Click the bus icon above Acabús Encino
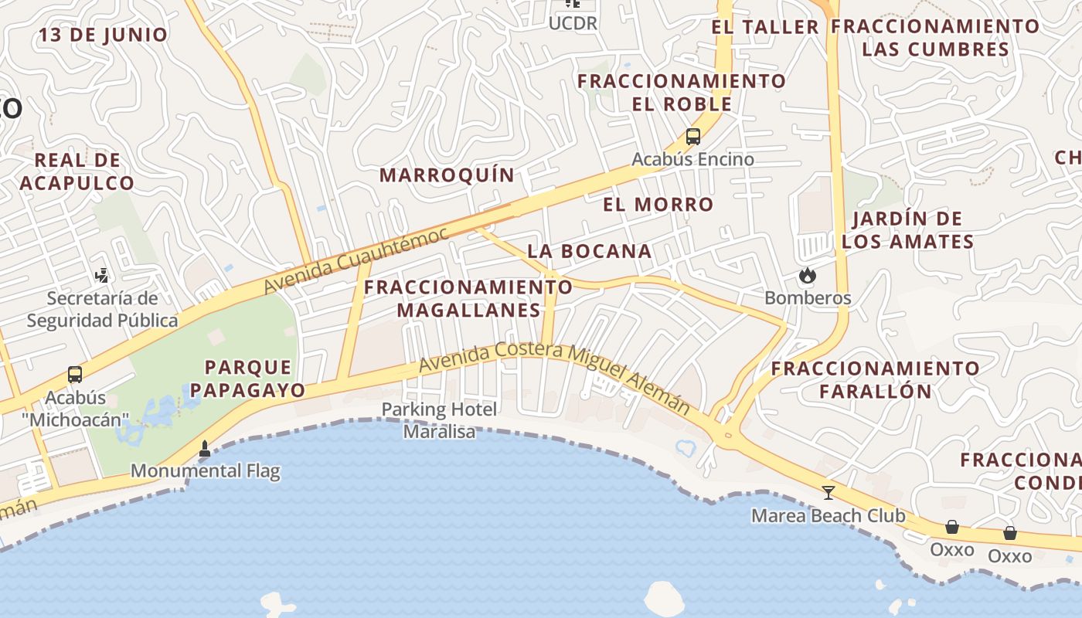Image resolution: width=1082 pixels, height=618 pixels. pyautogui.click(x=693, y=137)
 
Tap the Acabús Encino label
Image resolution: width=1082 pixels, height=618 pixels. pyautogui.click(x=692, y=159)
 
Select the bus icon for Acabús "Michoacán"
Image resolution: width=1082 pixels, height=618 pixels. pyautogui.click(x=75, y=375)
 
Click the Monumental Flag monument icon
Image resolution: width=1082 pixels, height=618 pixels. pyautogui.click(x=205, y=448)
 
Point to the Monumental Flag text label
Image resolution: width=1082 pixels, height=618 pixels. pyautogui.click(x=205, y=470)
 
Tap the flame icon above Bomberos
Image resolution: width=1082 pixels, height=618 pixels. pyautogui.click(x=808, y=275)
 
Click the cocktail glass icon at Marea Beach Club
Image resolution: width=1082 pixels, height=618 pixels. pyautogui.click(x=829, y=492)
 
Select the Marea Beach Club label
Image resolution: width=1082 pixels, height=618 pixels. pyautogui.click(x=828, y=515)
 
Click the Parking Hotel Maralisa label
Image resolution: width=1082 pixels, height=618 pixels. pyautogui.click(x=440, y=420)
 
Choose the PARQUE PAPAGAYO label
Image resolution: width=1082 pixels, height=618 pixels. pyautogui.click(x=248, y=379)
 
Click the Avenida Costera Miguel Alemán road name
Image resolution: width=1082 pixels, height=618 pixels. pyautogui.click(x=553, y=376)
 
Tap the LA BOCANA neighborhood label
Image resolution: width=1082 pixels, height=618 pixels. pyautogui.click(x=589, y=251)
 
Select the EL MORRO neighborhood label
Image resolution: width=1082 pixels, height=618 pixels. pyautogui.click(x=658, y=205)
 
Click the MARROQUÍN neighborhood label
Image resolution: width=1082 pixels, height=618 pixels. pyautogui.click(x=447, y=175)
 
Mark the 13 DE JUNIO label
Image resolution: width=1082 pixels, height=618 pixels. pyautogui.click(x=104, y=35)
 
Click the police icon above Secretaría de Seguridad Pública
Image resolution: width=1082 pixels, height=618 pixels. pyautogui.click(x=101, y=275)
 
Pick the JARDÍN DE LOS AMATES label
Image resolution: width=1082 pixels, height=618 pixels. pyautogui.click(x=907, y=230)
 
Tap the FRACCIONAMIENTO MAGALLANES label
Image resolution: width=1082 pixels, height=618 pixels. pyautogui.click(x=468, y=298)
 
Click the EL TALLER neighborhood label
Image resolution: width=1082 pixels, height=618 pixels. pyautogui.click(x=765, y=27)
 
